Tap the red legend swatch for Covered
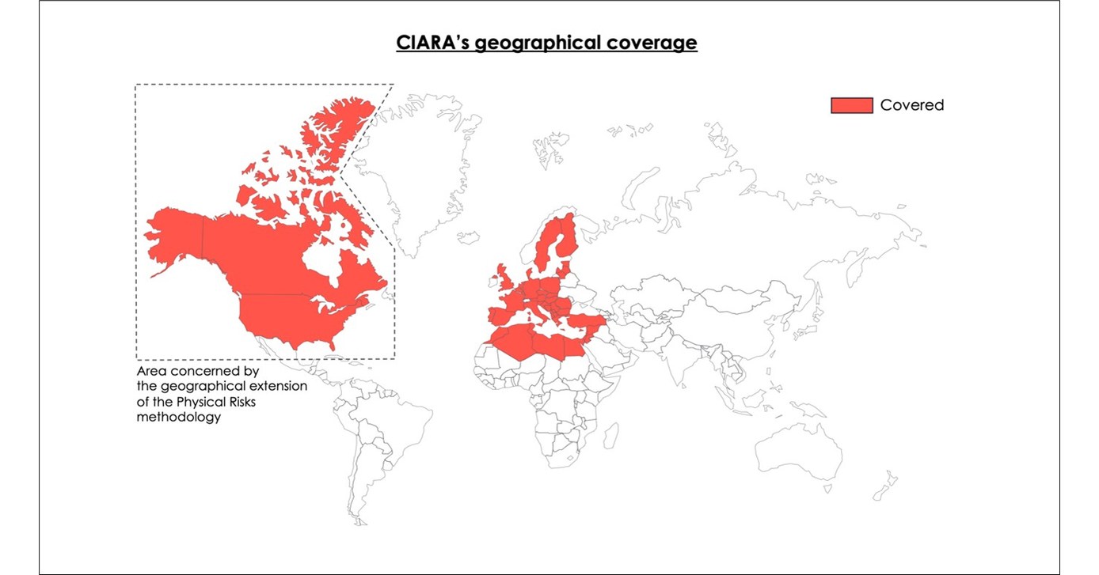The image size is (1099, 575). coord(851,105)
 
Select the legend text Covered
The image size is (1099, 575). coord(912,105)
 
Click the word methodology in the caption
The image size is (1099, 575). coord(178,417)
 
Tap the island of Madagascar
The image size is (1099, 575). coord(610,435)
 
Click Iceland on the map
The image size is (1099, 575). coord(469,237)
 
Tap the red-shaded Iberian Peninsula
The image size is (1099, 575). coord(501,316)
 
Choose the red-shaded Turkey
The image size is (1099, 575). coord(586,320)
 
